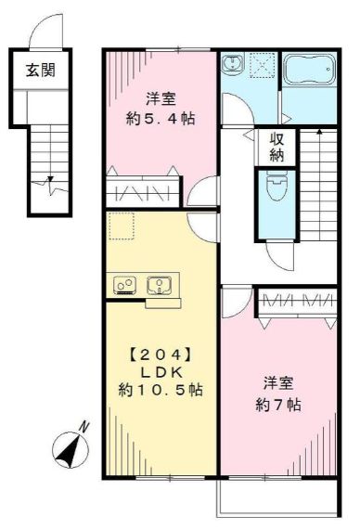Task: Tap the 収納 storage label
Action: [276, 148]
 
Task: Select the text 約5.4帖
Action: [160, 118]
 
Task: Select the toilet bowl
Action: [276, 195]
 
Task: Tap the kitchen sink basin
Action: [161, 283]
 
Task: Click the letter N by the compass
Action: [84, 426]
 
